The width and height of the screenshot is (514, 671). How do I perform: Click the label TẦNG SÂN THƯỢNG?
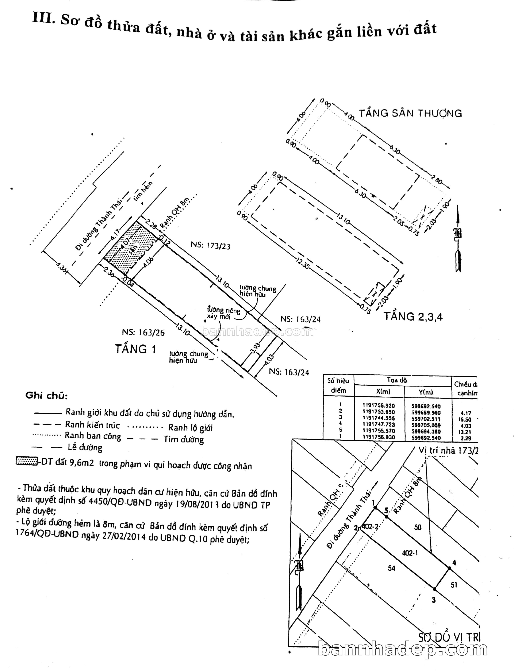[x=410, y=113]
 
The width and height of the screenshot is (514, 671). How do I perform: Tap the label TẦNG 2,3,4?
[x=413, y=316]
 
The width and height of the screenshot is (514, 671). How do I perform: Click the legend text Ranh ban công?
[x=93, y=436]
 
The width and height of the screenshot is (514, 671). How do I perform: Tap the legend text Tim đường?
[x=184, y=439]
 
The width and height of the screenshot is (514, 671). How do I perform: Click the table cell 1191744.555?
[x=379, y=418]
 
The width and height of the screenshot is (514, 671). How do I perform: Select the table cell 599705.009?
[x=426, y=425]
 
